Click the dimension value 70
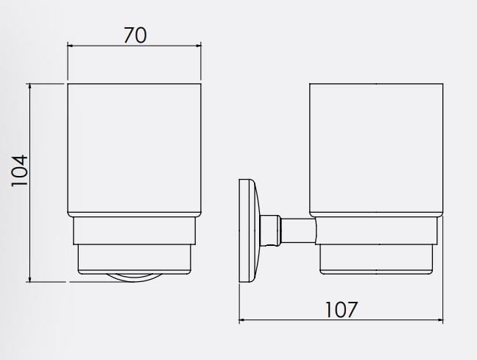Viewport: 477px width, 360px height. pyautogui.click(x=135, y=35)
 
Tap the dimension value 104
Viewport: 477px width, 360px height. pyautogui.click(x=19, y=171)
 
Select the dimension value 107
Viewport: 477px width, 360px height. pyautogui.click(x=341, y=309)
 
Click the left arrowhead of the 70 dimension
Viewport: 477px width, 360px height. pyautogui.click(x=70, y=46)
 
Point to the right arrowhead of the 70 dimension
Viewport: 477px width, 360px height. pyautogui.click(x=198, y=46)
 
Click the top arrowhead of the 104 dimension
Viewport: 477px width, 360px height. pyautogui.click(x=29, y=86)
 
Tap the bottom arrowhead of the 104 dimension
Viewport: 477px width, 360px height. pyautogui.click(x=29, y=279)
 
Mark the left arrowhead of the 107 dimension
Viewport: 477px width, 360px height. pyautogui.click(x=242, y=320)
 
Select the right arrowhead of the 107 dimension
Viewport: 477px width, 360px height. pyautogui.click(x=440, y=320)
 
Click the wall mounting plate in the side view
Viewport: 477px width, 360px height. pyautogui.click(x=248, y=230)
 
